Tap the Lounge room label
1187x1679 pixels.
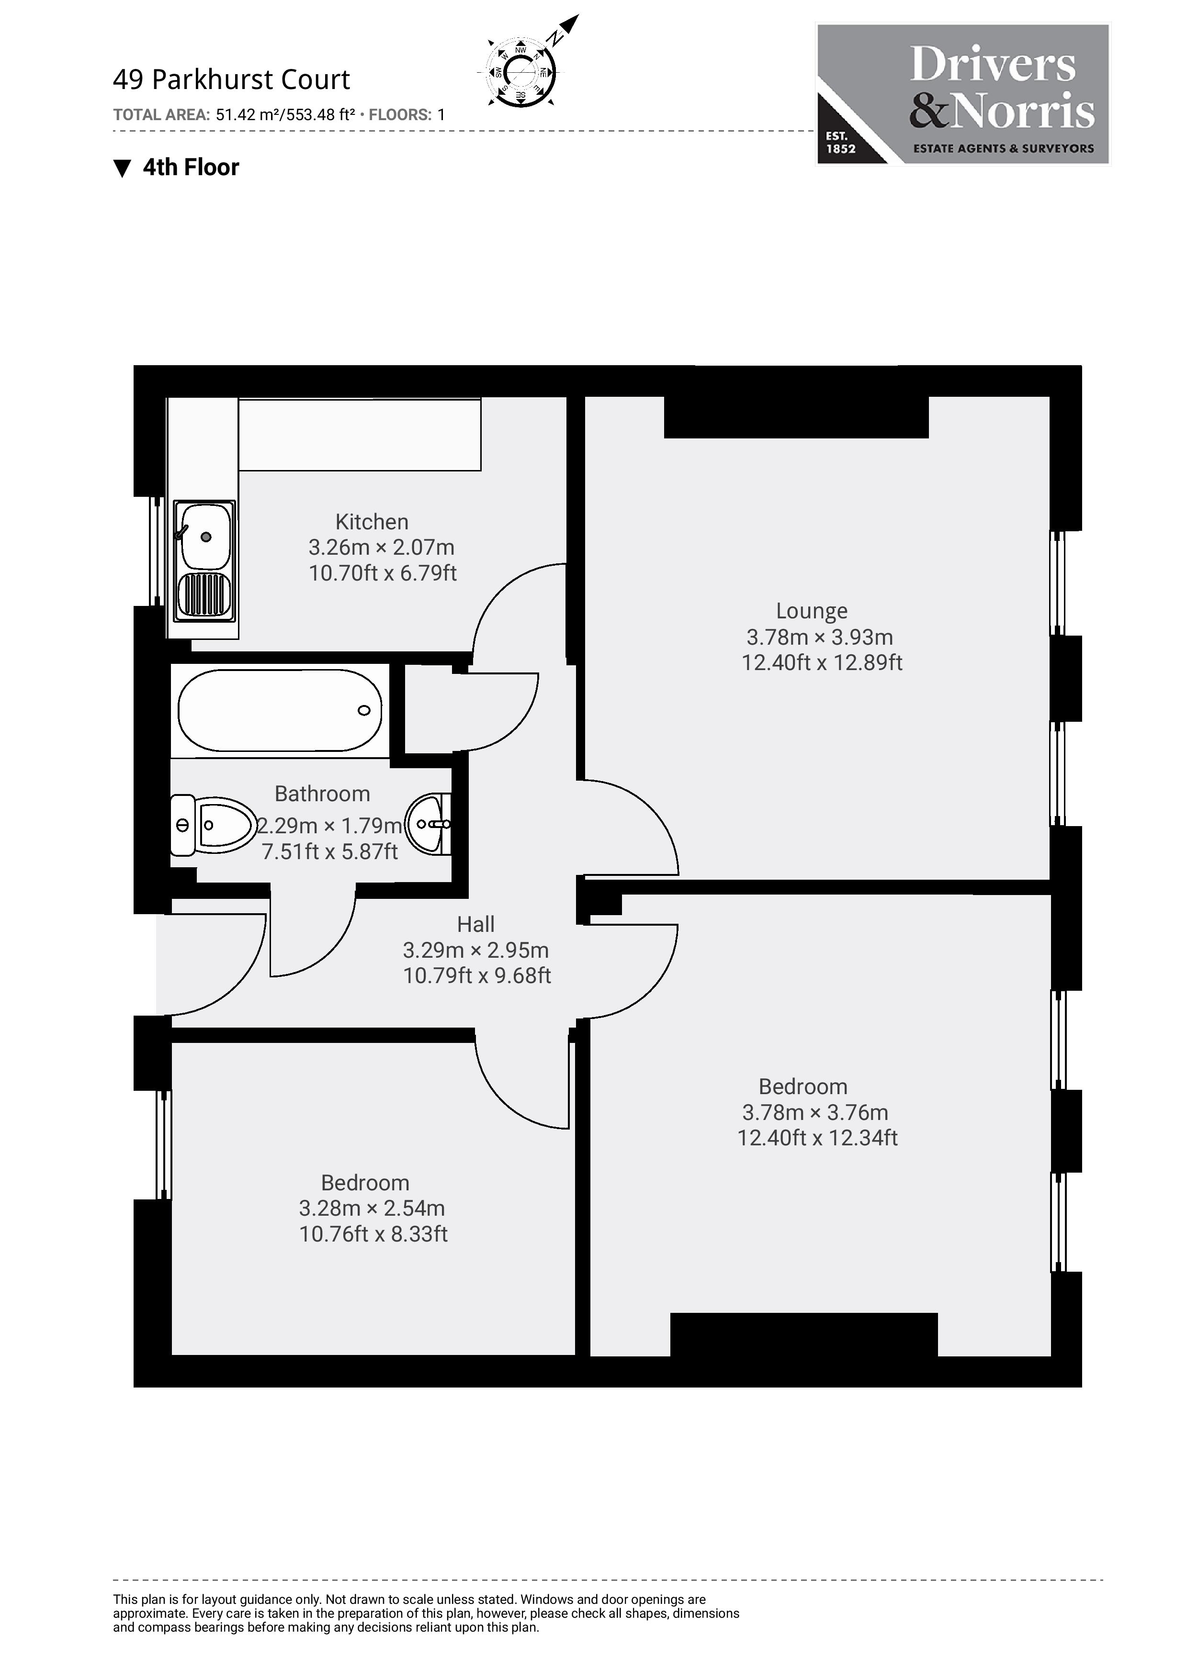point(811,611)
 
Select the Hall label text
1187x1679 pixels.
point(475,924)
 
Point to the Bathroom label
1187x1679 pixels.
point(322,794)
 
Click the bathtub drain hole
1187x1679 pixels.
point(363,710)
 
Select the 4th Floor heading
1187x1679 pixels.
point(190,168)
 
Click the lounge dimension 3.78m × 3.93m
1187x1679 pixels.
point(819,637)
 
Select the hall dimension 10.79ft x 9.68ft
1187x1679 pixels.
point(477,975)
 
